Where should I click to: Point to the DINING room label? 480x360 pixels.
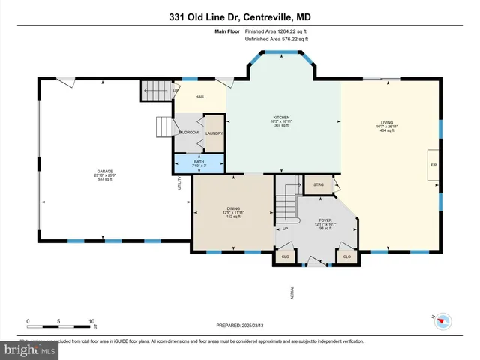233,212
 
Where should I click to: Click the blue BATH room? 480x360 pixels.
199,163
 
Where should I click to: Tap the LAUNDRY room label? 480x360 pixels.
214,133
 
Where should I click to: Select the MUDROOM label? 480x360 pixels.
188,133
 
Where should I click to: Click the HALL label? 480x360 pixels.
200,97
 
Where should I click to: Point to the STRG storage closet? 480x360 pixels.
318,184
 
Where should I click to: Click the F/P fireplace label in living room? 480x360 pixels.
433,164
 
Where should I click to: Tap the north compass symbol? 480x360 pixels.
443,321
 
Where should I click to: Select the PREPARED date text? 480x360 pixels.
240,326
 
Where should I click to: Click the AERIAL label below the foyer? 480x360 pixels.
292,292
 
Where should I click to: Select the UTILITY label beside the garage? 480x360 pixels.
179,183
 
